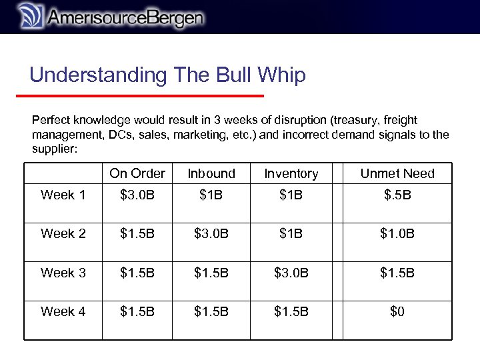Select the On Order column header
point(137,173)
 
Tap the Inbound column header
point(211,173)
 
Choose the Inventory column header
point(291,173)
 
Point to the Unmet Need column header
point(397,173)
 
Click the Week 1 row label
point(63,195)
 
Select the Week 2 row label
point(63,233)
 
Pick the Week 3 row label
point(63,273)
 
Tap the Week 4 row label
point(63,311)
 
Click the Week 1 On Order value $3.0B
point(137,195)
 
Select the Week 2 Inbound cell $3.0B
point(211,233)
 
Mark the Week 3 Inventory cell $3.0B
point(291,273)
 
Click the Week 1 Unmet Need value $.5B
point(397,195)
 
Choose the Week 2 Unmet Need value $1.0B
point(397,233)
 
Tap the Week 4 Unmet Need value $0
point(397,311)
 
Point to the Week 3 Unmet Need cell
point(397,273)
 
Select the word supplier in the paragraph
point(55,149)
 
